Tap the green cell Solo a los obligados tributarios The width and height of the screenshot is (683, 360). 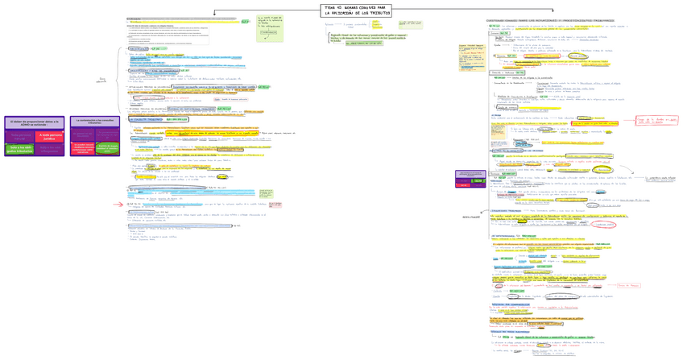point(22,148)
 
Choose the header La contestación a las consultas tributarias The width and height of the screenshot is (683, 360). point(95,122)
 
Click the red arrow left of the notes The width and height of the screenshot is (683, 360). point(118,205)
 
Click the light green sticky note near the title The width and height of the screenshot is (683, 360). point(270,29)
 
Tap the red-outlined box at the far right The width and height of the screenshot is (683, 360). point(656,121)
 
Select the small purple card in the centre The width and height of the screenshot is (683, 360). point(471,178)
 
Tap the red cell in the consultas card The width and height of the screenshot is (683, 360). point(83,147)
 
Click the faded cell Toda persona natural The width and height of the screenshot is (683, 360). point(22,136)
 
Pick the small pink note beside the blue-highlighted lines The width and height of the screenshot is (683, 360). point(275,205)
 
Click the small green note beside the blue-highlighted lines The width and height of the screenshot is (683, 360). point(266,194)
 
